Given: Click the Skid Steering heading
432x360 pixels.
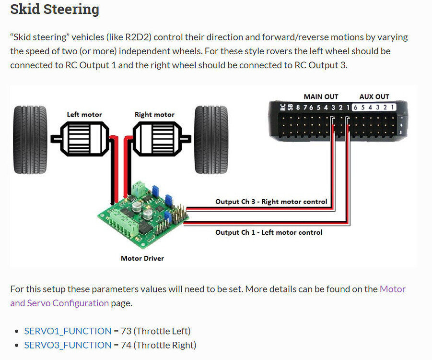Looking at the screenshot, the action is (x=55, y=9).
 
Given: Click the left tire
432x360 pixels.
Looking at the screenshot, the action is (x=30, y=140).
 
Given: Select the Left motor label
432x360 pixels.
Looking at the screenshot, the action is (x=84, y=114).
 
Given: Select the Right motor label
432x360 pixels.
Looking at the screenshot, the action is (x=154, y=114).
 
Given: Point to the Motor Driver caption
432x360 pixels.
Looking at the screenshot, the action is (x=142, y=258).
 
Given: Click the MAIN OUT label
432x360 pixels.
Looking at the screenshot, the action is (x=321, y=96).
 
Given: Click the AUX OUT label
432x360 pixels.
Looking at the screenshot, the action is (x=374, y=96).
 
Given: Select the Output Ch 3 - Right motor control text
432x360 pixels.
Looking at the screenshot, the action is (x=271, y=202).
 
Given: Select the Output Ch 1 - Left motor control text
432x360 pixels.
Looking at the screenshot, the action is (x=269, y=232).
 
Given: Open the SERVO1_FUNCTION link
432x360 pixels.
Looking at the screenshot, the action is (x=68, y=331).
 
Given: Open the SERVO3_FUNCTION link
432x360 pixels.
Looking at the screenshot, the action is (x=68, y=345).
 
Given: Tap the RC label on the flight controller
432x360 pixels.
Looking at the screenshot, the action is (x=282, y=107).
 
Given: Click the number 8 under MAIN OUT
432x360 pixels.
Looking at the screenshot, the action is (x=298, y=108).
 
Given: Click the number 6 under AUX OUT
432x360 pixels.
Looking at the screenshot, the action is (x=355, y=108).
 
